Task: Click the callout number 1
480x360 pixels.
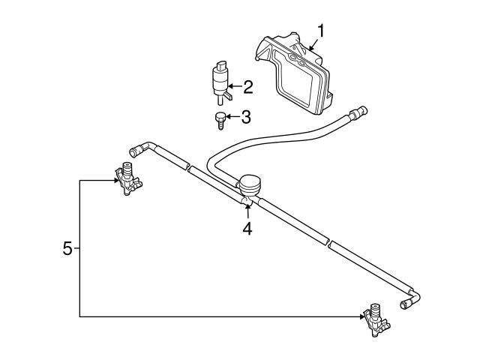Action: point(320,31)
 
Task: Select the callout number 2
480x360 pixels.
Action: point(248,87)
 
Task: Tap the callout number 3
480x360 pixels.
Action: point(246,117)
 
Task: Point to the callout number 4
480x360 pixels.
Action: point(247,228)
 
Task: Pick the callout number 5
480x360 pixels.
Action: point(67,248)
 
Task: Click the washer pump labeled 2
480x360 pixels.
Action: point(221,82)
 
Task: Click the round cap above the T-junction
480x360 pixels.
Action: point(250,184)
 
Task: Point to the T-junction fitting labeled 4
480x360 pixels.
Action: point(246,200)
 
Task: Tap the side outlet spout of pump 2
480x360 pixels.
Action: point(228,96)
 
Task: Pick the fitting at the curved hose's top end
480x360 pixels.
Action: point(358,112)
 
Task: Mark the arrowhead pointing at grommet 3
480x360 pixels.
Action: point(228,117)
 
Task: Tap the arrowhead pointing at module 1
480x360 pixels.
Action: point(311,48)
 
